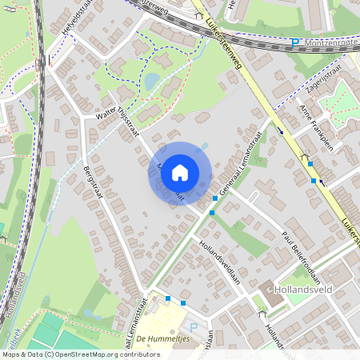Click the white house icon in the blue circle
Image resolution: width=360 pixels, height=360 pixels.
[x=180, y=173]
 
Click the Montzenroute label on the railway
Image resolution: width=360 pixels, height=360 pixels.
[x=330, y=42]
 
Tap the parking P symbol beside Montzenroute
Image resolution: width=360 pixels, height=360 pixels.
[x=294, y=43]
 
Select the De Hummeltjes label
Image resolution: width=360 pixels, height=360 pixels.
[x=162, y=339]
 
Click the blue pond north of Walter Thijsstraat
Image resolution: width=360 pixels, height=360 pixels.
[x=151, y=81]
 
